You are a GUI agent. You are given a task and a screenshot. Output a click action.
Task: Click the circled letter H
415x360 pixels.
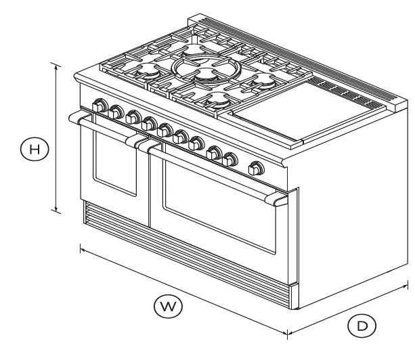coord(34,148)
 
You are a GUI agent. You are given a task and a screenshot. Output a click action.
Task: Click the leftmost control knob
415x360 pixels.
coord(101,106)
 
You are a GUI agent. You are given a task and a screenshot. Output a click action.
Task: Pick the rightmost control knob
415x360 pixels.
coord(257,168)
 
